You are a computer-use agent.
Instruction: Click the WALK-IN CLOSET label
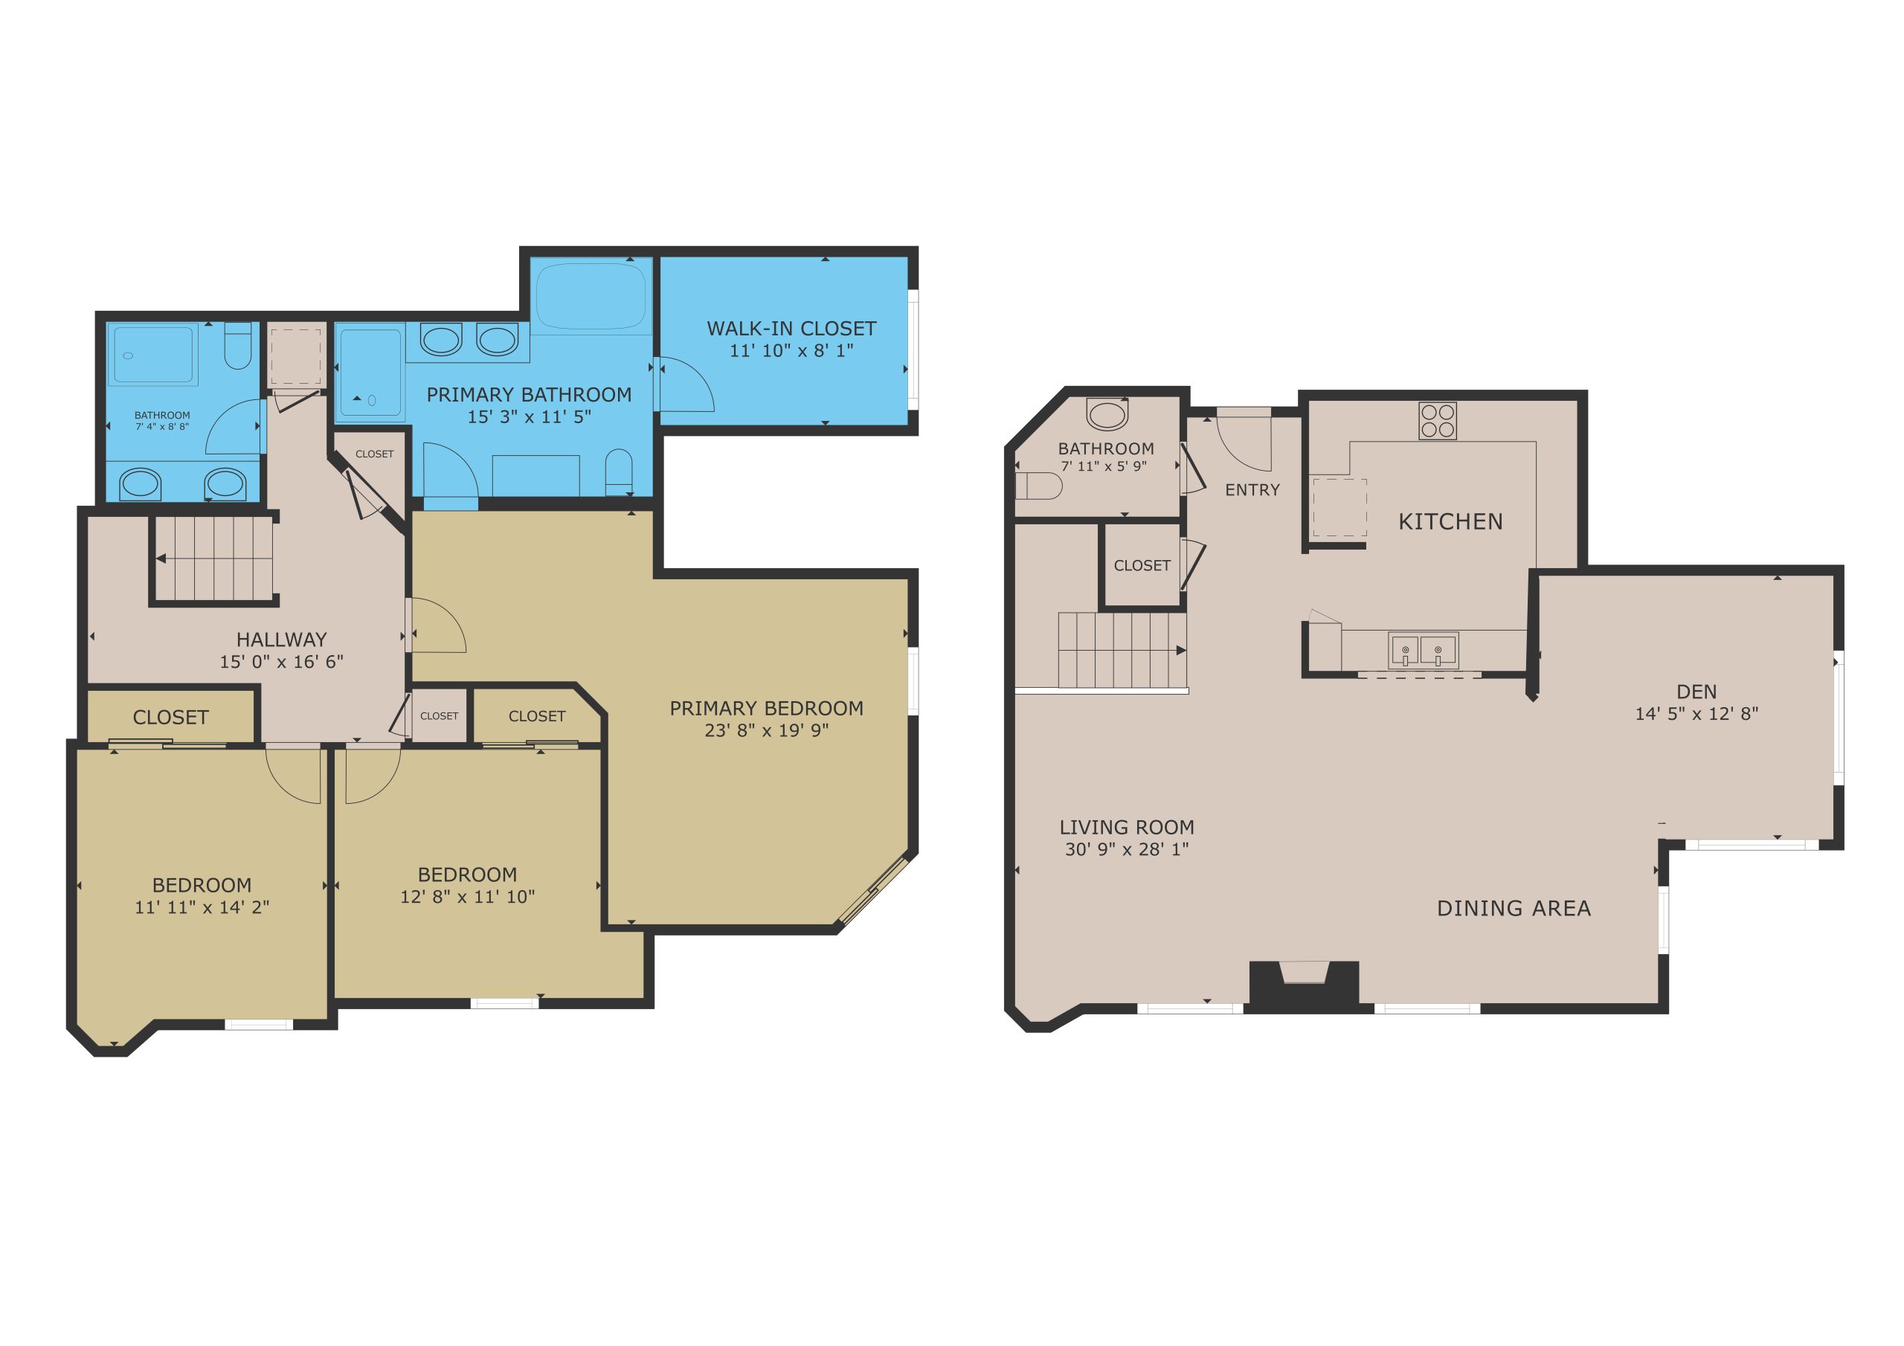tap(791, 329)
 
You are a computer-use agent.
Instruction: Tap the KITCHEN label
tap(1450, 521)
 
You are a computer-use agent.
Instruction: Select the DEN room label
tap(1696, 692)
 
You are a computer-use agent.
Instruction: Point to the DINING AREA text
tap(1514, 909)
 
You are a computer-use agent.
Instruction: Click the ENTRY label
tap(1252, 490)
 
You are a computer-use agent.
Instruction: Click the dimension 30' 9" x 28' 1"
tap(1127, 849)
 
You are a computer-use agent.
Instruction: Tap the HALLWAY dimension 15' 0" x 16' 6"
tap(281, 662)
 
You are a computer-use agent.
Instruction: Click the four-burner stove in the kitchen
tap(1437, 420)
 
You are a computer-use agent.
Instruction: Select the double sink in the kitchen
tap(1423, 651)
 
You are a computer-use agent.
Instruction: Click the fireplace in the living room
tap(1304, 986)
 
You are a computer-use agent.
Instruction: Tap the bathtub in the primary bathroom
tap(591, 296)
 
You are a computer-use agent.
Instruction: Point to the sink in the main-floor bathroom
tap(1107, 413)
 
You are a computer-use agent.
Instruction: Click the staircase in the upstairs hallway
tap(214, 558)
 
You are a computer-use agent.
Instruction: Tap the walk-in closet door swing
tap(685, 384)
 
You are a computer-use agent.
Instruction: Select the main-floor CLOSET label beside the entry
tap(1142, 566)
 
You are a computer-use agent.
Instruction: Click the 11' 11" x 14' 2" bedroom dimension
tap(202, 907)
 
